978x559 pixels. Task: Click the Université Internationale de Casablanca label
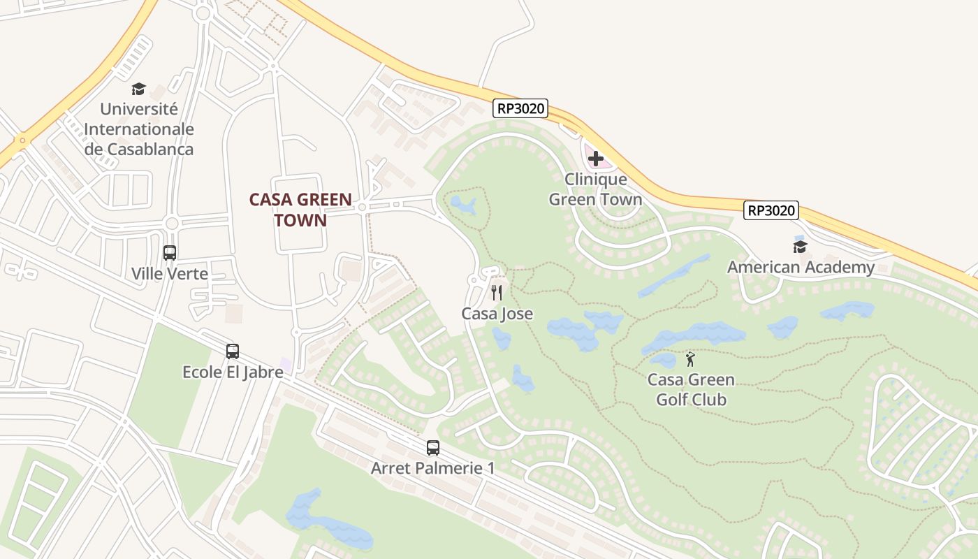[x=139, y=129]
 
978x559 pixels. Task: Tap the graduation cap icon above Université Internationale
[x=138, y=89]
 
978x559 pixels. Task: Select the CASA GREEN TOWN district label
[x=300, y=210]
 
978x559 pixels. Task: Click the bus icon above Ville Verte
[x=170, y=253]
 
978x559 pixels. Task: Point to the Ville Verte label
[x=170, y=273]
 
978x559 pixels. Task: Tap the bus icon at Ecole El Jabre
[x=233, y=351]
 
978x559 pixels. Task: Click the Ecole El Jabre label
[x=233, y=372]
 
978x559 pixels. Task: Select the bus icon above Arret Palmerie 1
[x=433, y=448]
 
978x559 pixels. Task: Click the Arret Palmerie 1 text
[x=433, y=468]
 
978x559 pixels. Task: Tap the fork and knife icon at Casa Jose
[x=497, y=293]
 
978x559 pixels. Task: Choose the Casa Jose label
[x=497, y=314]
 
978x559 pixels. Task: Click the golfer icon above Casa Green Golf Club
[x=691, y=359]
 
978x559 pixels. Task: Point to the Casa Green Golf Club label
[x=691, y=390]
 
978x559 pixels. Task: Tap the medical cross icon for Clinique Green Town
[x=596, y=159]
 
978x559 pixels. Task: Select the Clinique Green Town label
[x=595, y=189]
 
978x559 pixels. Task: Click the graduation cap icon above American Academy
[x=801, y=247]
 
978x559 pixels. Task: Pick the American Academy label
[x=801, y=267]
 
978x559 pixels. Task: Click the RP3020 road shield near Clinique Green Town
[x=520, y=109]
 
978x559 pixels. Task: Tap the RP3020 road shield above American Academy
[x=771, y=210]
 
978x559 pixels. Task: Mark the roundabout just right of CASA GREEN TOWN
[x=362, y=207]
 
